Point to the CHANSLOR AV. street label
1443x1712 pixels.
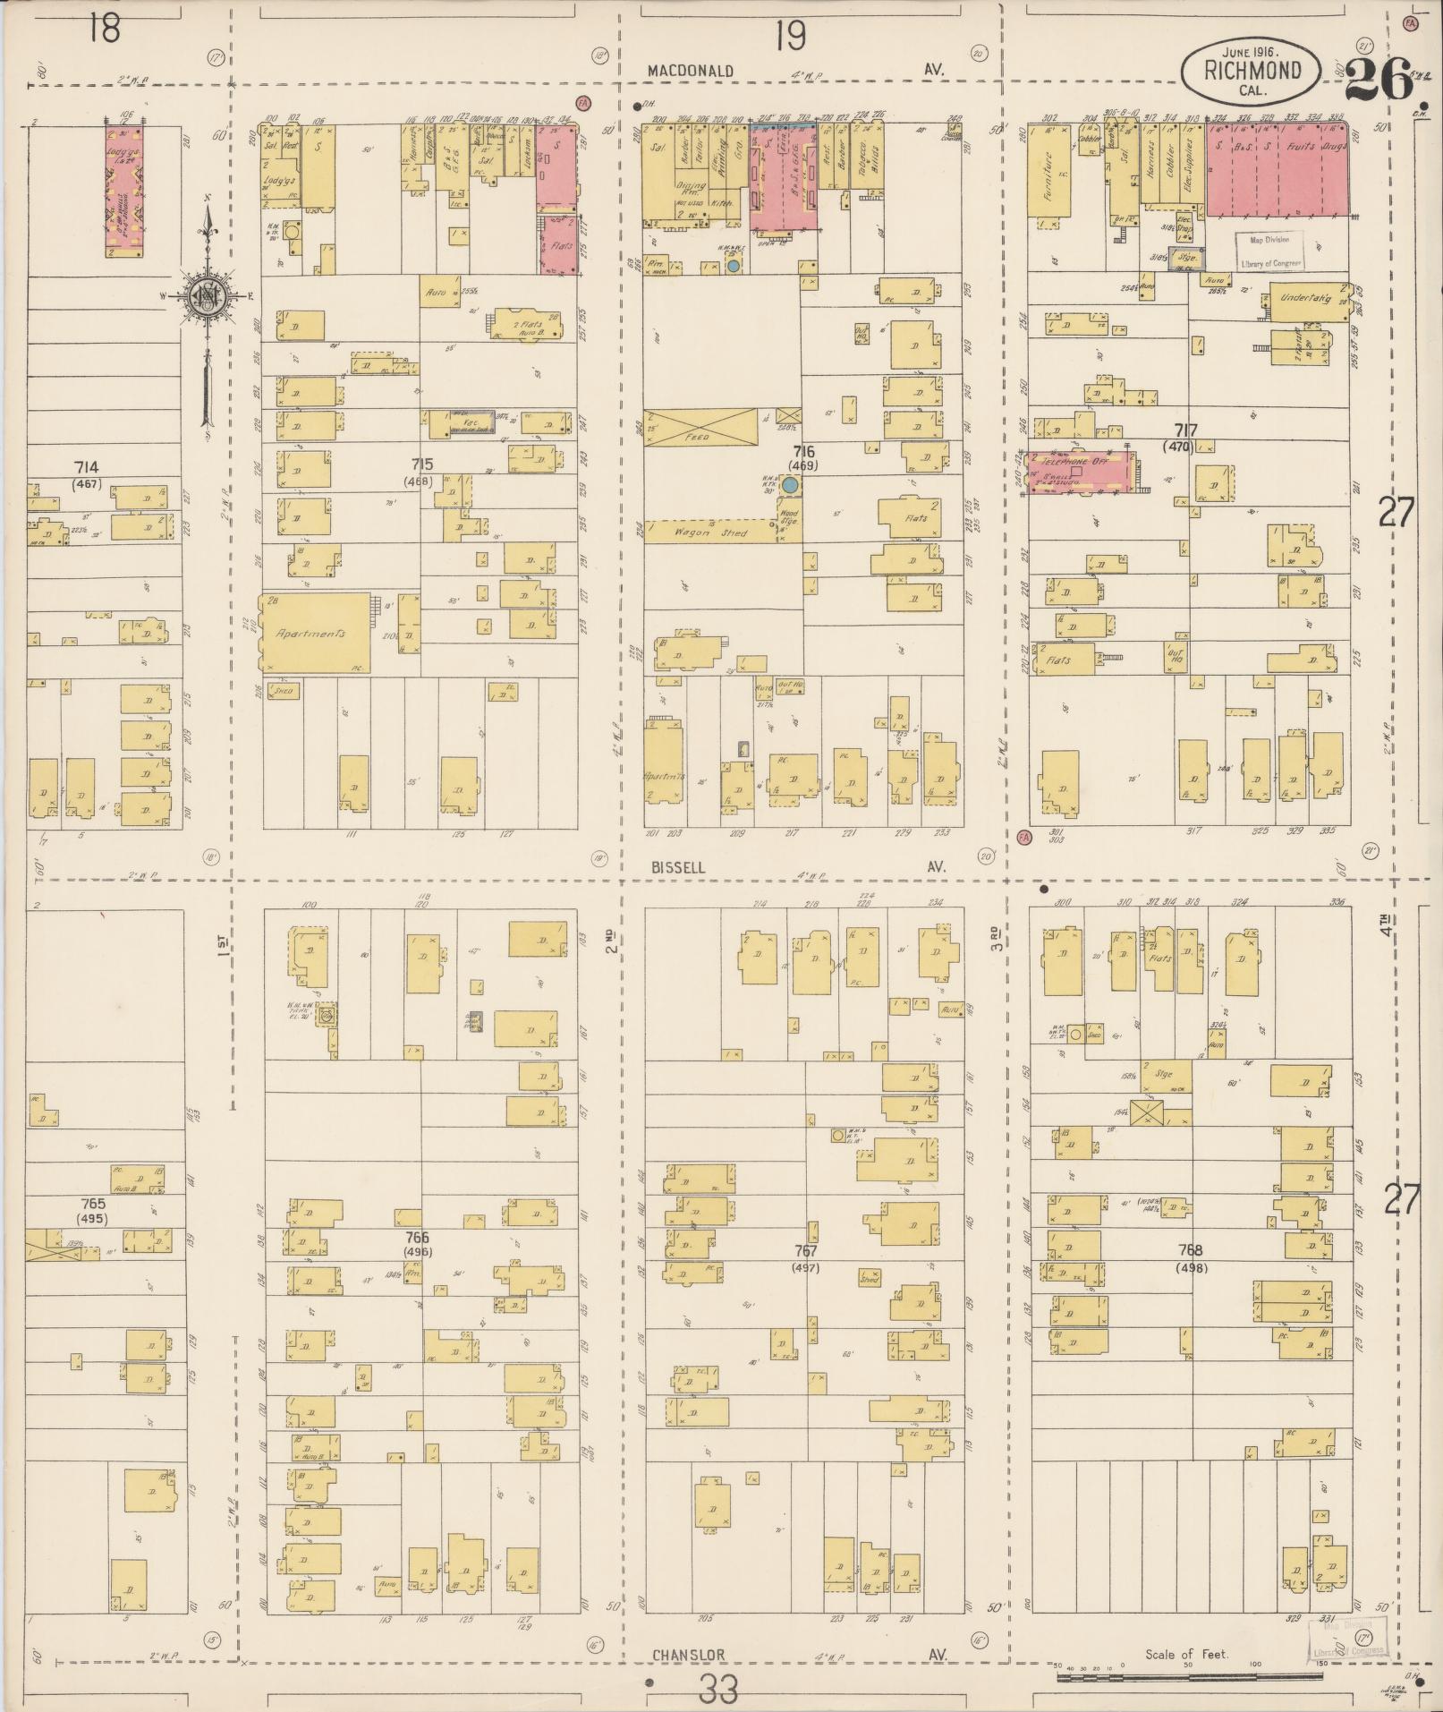click(x=688, y=1655)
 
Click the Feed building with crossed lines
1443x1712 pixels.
click(x=699, y=429)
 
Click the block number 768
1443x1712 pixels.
click(x=1190, y=1250)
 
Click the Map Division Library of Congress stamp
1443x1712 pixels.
click(x=1270, y=251)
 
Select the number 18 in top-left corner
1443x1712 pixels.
click(x=104, y=30)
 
